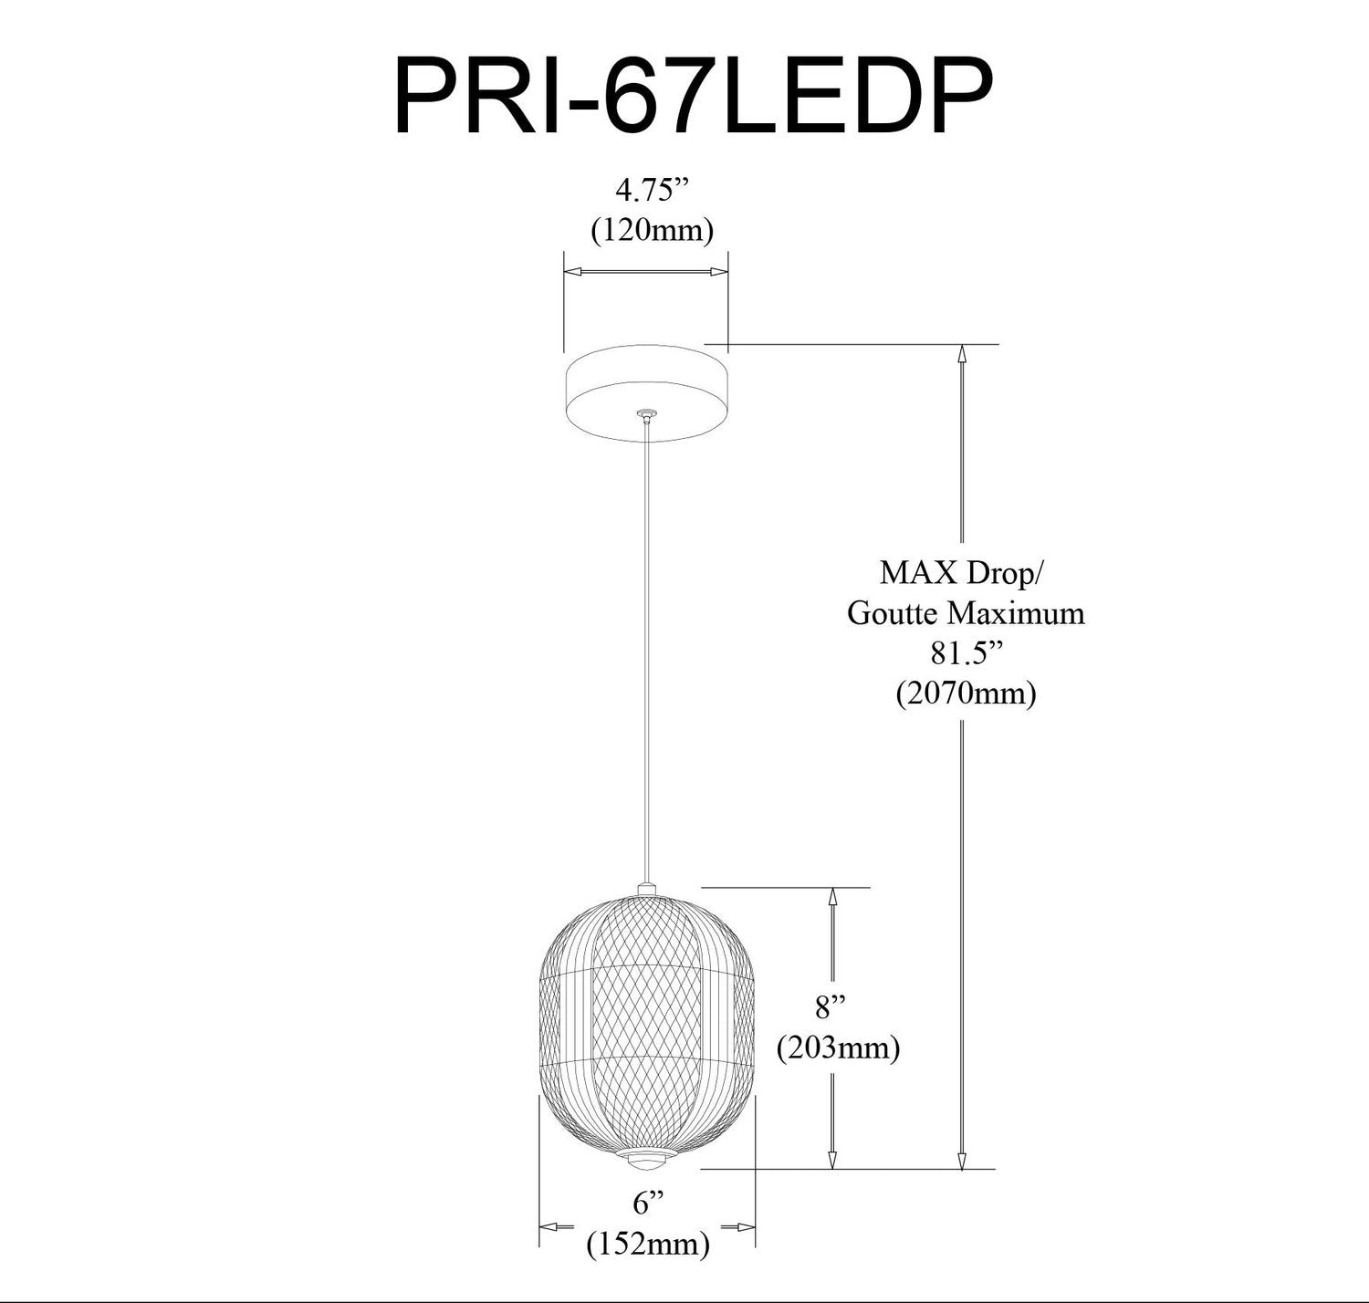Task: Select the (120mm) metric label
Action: coord(651,231)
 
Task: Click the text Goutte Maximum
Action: coord(966,612)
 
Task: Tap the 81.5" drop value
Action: coord(965,652)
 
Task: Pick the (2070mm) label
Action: coord(966,693)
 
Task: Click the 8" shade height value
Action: coord(831,1008)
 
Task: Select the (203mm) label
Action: coord(838,1048)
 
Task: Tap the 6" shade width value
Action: coord(647,1204)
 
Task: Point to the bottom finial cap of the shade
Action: coord(647,1161)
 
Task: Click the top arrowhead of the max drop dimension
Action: coord(961,355)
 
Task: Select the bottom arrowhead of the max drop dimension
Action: coord(961,1159)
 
